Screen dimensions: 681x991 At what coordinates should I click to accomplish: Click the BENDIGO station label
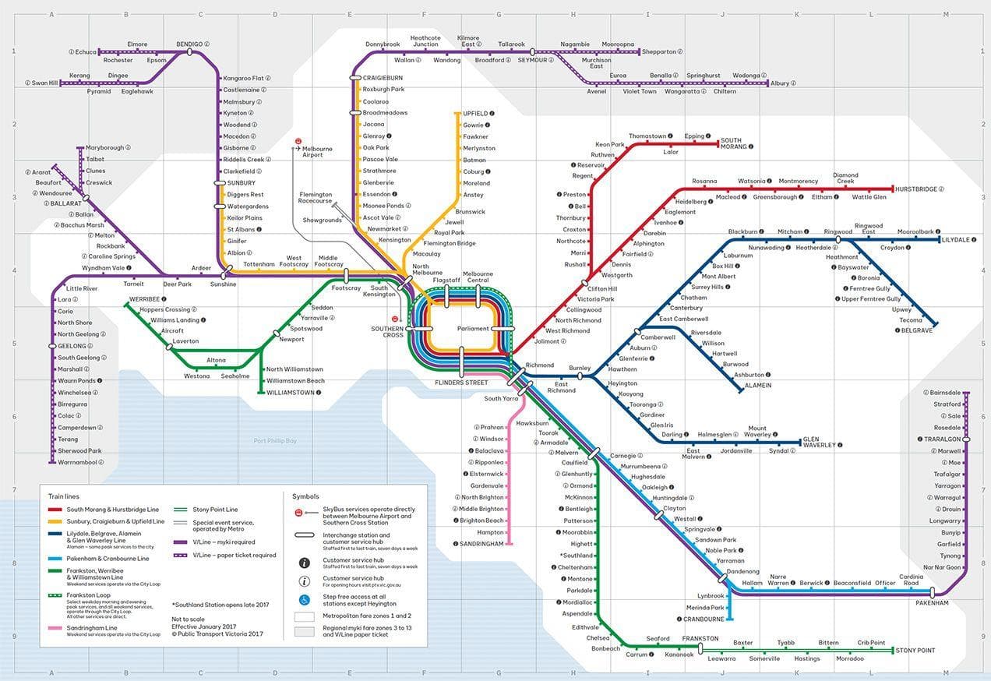point(189,44)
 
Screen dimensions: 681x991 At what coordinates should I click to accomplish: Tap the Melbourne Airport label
point(317,152)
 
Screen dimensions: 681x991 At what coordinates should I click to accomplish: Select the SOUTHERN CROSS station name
point(387,331)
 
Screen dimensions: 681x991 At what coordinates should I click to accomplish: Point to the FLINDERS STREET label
point(461,383)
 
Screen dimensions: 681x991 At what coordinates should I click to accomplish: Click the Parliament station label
point(473,329)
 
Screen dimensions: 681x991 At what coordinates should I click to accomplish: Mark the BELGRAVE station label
point(917,330)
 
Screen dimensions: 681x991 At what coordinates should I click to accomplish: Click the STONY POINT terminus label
point(915,650)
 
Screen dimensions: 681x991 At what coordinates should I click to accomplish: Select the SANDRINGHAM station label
point(482,544)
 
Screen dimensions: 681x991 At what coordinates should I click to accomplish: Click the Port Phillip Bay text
point(275,441)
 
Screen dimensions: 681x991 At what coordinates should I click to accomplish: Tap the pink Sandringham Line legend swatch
point(55,627)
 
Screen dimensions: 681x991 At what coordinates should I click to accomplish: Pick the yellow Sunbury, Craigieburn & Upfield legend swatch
point(55,521)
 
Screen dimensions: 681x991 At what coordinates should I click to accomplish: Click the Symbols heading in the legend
point(305,496)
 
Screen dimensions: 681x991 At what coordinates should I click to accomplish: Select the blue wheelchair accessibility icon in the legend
point(304,600)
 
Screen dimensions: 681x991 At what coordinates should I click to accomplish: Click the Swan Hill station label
point(44,83)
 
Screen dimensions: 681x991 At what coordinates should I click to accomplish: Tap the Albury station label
point(779,83)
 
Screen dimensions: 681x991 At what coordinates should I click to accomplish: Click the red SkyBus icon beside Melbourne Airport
point(298,142)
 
